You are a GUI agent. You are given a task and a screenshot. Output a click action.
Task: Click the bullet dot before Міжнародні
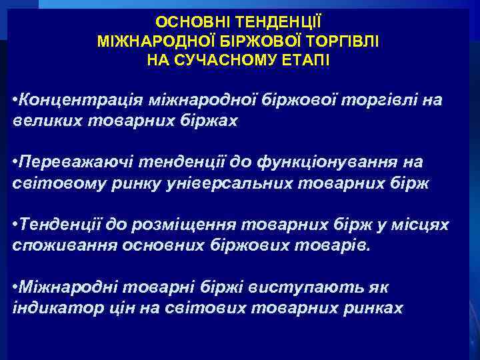pyautogui.click(x=15, y=288)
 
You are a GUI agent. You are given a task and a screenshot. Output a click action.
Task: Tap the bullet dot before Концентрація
pyautogui.click(x=15, y=100)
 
